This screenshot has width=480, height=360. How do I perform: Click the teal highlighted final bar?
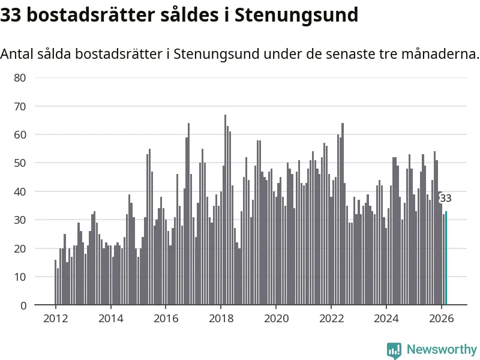tap(446, 258)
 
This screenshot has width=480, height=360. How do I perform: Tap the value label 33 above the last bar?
tap(446, 199)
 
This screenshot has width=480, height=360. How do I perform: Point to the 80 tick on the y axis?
tap(20, 77)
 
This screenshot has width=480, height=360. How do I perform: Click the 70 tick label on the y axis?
tap(20, 106)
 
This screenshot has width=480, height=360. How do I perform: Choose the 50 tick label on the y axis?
tap(20, 163)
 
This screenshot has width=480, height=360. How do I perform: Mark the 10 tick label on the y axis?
tap(20, 277)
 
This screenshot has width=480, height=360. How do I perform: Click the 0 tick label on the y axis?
tap(23, 305)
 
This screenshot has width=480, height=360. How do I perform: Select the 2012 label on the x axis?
tap(55, 319)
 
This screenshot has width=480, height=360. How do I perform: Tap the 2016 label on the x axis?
tap(166, 319)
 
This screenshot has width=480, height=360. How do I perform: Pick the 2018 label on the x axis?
tap(221, 319)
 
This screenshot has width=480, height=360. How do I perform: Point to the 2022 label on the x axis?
tap(331, 319)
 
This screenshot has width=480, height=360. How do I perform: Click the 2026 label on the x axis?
tap(442, 319)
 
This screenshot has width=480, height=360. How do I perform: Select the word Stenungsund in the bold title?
tap(296, 14)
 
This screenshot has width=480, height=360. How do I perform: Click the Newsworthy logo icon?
tap(394, 350)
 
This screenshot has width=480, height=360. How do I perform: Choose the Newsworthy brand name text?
tap(442, 349)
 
